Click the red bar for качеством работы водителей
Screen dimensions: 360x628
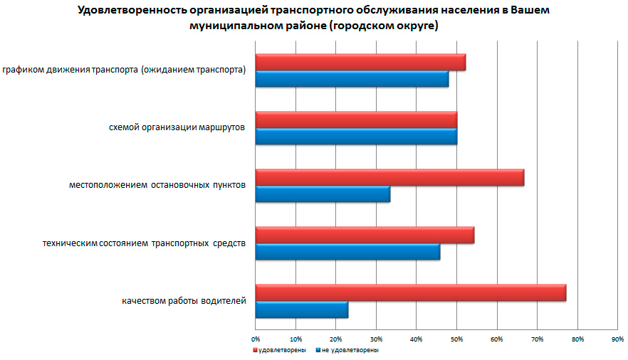click(411, 292)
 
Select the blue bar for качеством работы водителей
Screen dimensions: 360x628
click(302, 309)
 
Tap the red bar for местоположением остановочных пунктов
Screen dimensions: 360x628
click(389, 177)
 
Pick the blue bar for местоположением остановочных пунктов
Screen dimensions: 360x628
click(323, 194)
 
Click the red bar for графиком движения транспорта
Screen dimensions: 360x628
click(360, 62)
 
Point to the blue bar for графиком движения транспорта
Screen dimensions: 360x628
click(352, 79)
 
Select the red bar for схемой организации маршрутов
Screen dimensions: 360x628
click(356, 120)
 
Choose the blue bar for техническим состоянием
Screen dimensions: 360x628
click(347, 252)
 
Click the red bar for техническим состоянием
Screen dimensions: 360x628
click(365, 235)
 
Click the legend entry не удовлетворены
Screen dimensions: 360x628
click(349, 350)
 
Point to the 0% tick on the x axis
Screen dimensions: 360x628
click(256, 338)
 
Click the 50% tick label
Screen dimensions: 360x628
click(456, 338)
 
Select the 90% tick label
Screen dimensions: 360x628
click(617, 338)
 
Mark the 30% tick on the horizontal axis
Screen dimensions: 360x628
click(376, 338)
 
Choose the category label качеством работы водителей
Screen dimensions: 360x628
click(184, 301)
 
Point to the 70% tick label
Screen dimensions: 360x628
click(537, 338)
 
